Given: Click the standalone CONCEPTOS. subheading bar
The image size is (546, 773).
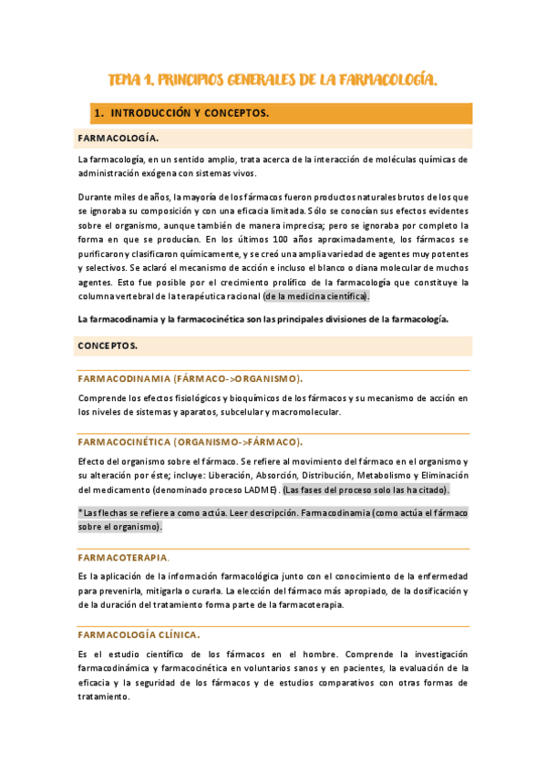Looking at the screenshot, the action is tap(108, 346).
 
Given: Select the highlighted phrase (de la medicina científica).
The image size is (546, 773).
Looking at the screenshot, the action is tap(316, 296).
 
